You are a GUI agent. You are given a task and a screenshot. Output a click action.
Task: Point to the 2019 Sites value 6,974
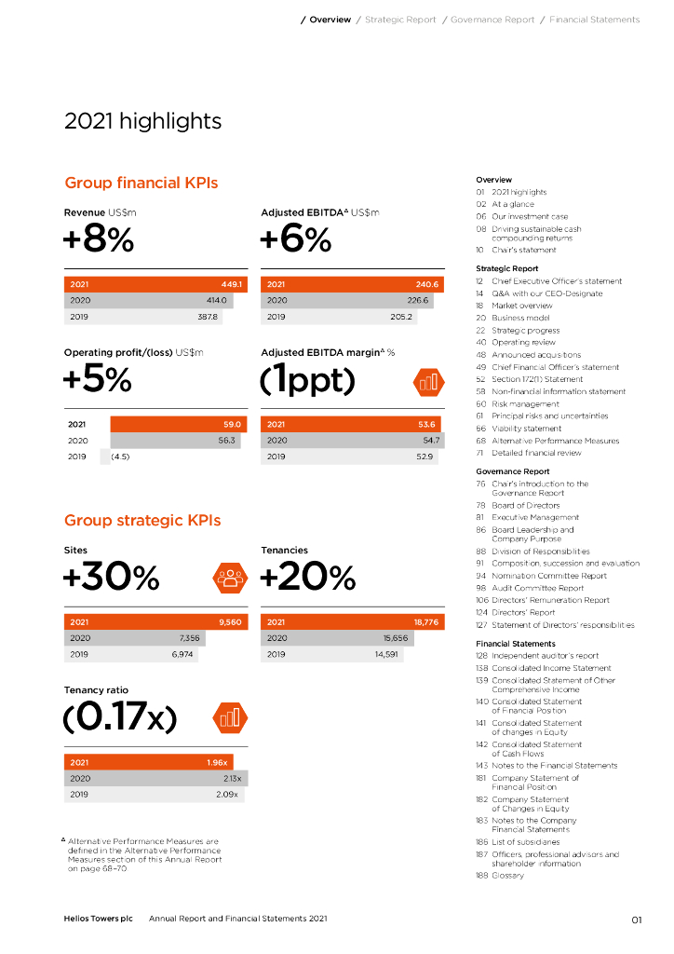pyautogui.click(x=182, y=655)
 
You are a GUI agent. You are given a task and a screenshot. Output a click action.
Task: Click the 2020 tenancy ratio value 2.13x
pyautogui.click(x=232, y=778)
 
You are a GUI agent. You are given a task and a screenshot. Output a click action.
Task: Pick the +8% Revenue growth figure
pyautogui.click(x=99, y=240)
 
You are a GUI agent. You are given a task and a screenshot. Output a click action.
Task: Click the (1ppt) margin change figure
pyautogui.click(x=308, y=380)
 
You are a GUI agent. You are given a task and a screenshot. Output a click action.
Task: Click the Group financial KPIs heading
pyautogui.click(x=141, y=183)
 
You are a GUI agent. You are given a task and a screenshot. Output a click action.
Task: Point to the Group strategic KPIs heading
pyautogui.click(x=142, y=520)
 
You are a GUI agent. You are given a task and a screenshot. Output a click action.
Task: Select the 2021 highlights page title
pyautogui.click(x=142, y=121)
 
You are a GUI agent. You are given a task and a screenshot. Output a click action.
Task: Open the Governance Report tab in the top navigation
pyautogui.click(x=492, y=20)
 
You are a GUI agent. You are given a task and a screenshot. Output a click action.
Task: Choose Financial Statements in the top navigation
pyautogui.click(x=594, y=20)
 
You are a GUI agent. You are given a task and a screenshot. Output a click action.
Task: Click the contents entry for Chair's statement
pyautogui.click(x=524, y=250)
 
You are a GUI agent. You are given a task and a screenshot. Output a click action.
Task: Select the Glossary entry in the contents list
pyautogui.click(x=507, y=876)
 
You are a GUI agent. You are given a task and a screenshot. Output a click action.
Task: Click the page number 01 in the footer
pyautogui.click(x=636, y=920)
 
